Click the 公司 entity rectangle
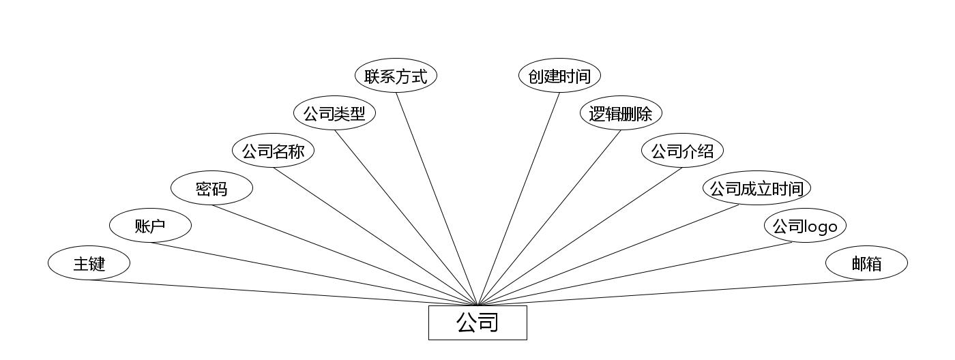tap(477, 322)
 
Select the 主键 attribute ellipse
tap(89, 263)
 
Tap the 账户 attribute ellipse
tap(150, 226)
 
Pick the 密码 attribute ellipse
tap(211, 189)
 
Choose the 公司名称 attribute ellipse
tap(273, 151)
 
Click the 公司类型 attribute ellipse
tap(334, 114)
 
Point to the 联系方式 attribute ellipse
tap(396, 76)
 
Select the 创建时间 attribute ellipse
tap(559, 76)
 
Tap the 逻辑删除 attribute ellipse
tap(621, 114)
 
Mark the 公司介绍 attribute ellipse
tap(682, 151)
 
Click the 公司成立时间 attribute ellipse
tap(756, 189)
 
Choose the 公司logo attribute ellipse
tap(805, 226)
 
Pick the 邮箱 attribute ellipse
tap(866, 263)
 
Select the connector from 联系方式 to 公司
tap(437, 198)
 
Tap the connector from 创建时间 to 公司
tap(518, 198)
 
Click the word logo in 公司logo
tap(821, 226)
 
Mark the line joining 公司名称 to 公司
tap(375, 237)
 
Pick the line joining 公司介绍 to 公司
tap(580, 237)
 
